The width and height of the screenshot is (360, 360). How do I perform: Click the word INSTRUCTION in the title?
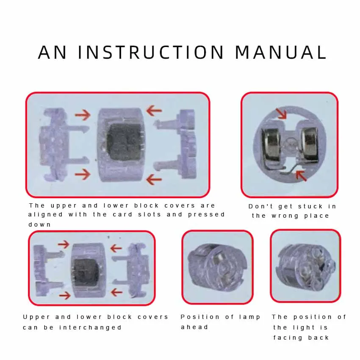tap(151, 52)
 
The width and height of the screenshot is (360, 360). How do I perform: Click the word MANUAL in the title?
tap(281, 52)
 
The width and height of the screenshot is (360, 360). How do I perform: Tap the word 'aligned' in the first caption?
tap(45, 215)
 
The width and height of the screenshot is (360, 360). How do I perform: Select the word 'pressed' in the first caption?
tap(206, 215)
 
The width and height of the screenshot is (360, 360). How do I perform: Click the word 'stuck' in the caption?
tap(310, 207)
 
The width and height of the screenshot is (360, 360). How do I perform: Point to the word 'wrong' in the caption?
tap(285, 216)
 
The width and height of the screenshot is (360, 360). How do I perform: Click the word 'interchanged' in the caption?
tap(90, 327)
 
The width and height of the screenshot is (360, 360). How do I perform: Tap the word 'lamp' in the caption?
tap(249, 318)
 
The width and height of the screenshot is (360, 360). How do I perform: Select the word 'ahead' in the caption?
tap(194, 327)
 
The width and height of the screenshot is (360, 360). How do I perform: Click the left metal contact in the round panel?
tap(271, 148)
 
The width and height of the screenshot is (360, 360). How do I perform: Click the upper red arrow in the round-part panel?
tap(282, 114)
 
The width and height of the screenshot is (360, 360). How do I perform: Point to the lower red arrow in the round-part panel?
tap(301, 175)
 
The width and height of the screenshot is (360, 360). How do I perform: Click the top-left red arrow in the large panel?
tap(83, 115)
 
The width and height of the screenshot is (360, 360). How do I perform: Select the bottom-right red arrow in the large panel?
tap(154, 179)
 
